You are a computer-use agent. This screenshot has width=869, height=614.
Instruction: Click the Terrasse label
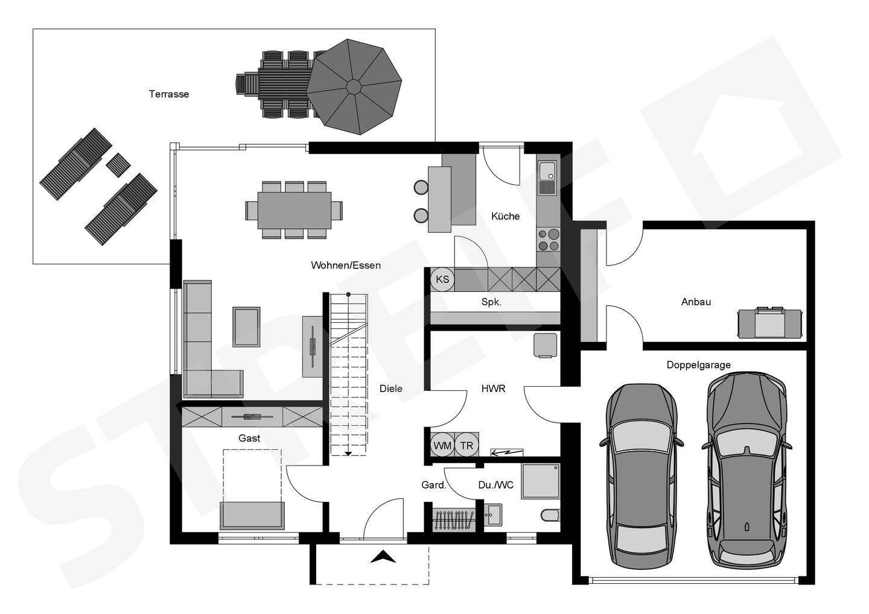tap(169, 94)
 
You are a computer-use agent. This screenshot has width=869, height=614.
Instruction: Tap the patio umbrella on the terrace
tap(354, 87)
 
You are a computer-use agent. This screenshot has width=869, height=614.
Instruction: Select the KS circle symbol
tap(442, 279)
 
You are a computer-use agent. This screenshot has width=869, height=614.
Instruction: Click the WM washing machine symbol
tap(442, 445)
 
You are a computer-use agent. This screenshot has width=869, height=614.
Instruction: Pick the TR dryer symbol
tap(466, 445)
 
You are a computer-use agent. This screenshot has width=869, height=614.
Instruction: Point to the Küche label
tap(505, 217)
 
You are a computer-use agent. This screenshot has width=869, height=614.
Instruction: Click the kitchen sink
tap(547, 177)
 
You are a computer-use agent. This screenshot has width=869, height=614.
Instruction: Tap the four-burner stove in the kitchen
tap(549, 240)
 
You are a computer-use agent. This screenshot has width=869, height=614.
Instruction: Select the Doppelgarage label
tap(698, 365)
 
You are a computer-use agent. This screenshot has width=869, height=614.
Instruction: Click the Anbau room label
tap(696, 302)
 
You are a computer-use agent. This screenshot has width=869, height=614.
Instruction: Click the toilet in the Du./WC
tap(550, 515)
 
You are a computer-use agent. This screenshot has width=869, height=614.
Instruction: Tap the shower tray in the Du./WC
tap(541, 481)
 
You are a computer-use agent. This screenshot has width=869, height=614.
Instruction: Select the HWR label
tap(493, 389)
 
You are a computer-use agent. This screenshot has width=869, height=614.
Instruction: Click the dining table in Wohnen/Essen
tap(294, 210)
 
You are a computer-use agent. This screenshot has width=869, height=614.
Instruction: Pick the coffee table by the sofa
tap(246, 327)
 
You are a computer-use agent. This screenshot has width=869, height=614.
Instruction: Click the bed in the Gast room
tap(252, 489)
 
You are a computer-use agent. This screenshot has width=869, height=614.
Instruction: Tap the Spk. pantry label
tap(491, 302)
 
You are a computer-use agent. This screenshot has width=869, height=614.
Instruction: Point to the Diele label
tap(390, 389)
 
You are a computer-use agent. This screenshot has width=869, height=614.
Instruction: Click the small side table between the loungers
tap(118, 165)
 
